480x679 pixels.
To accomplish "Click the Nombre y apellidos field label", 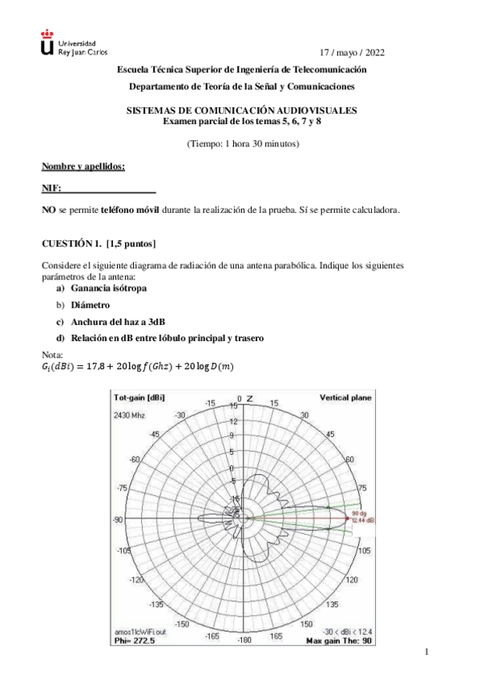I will click(83, 167).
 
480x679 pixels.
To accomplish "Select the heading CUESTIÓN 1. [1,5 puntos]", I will click(99, 243).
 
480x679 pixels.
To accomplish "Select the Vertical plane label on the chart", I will click(346, 397).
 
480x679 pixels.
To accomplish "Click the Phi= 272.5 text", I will click(134, 641).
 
